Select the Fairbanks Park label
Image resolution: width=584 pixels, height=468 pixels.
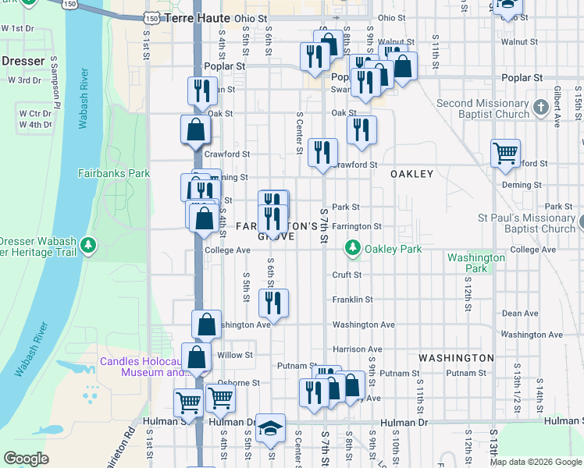pos(114,173)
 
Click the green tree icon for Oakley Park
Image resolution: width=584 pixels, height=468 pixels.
pos(353,249)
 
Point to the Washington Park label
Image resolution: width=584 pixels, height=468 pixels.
pos(475,263)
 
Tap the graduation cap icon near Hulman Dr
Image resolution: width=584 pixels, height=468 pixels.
pos(271,427)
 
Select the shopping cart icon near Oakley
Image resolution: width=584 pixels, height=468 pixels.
pos(505,153)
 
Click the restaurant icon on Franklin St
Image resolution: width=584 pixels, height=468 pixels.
pos(272,303)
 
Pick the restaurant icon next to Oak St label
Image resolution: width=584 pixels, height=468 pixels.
pos(361,129)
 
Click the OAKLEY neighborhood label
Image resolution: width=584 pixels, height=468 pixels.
pos(411,174)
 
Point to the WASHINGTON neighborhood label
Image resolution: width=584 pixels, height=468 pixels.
pos(456,358)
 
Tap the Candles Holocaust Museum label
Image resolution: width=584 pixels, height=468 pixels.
pos(141,367)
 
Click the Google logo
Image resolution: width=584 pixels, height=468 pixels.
pos(26,458)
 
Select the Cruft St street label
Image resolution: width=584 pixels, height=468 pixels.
pos(347,275)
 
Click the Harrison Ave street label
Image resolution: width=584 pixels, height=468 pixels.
pos(358,349)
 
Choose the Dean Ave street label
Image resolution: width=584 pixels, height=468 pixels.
pos(520,314)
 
